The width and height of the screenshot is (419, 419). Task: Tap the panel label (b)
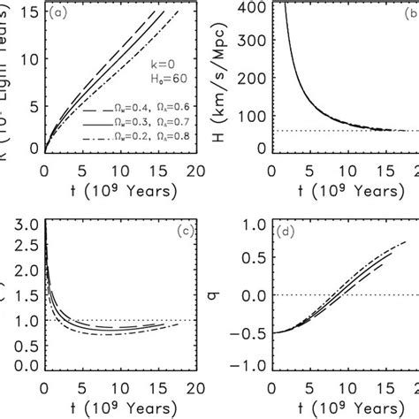coord(408,13)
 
